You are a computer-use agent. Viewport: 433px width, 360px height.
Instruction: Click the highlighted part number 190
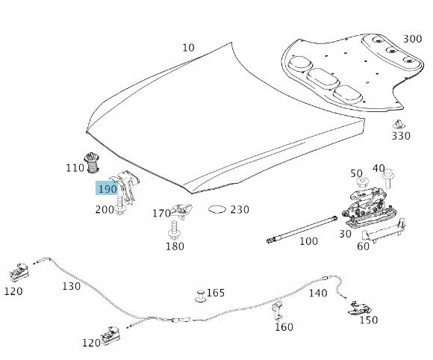pyautogui.click(x=108, y=189)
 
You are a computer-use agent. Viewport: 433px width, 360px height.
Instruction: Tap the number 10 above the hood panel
pyautogui.click(x=188, y=48)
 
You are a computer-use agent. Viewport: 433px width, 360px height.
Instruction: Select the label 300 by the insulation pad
pyautogui.click(x=413, y=39)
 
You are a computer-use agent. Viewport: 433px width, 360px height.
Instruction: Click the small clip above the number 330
pyautogui.click(x=399, y=125)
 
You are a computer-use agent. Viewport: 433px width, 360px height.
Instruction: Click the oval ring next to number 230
pyautogui.click(x=217, y=210)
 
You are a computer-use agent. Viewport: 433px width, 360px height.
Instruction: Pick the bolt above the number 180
pyautogui.click(x=174, y=229)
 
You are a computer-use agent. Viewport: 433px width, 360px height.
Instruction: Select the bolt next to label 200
pyautogui.click(x=120, y=205)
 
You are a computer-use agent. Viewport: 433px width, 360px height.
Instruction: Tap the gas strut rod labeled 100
pyautogui.click(x=302, y=229)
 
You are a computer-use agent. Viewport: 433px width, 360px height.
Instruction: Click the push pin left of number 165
pyautogui.click(x=201, y=297)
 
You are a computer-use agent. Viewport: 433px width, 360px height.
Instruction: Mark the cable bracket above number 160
pyautogui.click(x=278, y=310)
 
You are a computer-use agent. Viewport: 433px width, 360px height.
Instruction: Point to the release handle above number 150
pyautogui.click(x=360, y=308)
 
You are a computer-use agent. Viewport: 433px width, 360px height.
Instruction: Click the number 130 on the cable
pyautogui.click(x=71, y=286)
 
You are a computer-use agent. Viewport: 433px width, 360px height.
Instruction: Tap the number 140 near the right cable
pyautogui.click(x=318, y=293)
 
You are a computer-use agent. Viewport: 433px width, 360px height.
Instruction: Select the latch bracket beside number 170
pyautogui.click(x=181, y=211)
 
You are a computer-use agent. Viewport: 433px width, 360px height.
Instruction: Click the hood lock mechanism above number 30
pyautogui.click(x=370, y=205)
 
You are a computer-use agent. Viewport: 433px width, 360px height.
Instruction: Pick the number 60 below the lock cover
pyautogui.click(x=363, y=246)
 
